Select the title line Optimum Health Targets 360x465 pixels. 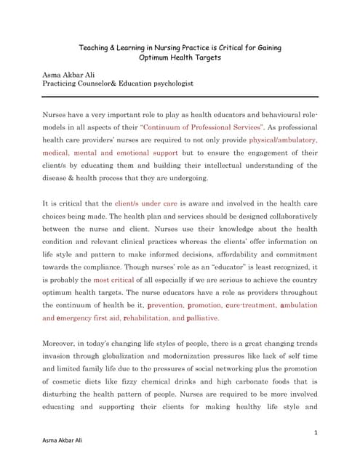pyautogui.click(x=180, y=59)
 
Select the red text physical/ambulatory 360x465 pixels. pyautogui.click(x=282, y=139)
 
